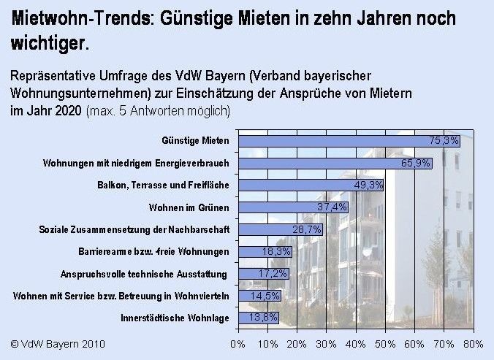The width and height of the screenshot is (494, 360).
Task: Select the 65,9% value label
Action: [x=416, y=163]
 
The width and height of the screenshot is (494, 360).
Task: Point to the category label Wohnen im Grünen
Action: [x=189, y=207]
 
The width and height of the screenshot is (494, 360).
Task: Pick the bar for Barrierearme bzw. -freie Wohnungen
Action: [x=256, y=252]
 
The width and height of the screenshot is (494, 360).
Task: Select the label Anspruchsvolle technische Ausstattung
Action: [x=146, y=274]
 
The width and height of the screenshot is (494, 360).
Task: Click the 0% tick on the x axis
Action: [x=237, y=342]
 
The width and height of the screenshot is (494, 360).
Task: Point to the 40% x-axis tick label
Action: [x=356, y=342]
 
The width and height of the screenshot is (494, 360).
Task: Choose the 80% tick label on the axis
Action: [x=474, y=342]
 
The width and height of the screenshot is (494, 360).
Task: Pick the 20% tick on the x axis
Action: [x=297, y=342]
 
